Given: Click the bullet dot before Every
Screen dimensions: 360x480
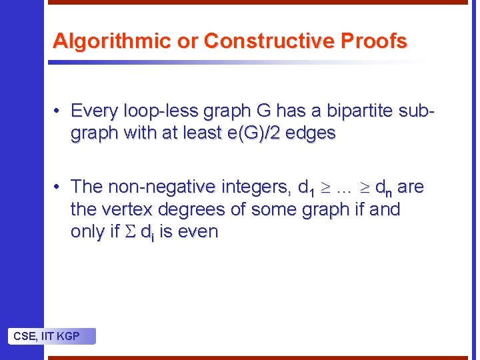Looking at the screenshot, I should tap(59, 110).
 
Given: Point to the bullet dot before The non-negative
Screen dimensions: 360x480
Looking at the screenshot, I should tap(59, 187).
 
